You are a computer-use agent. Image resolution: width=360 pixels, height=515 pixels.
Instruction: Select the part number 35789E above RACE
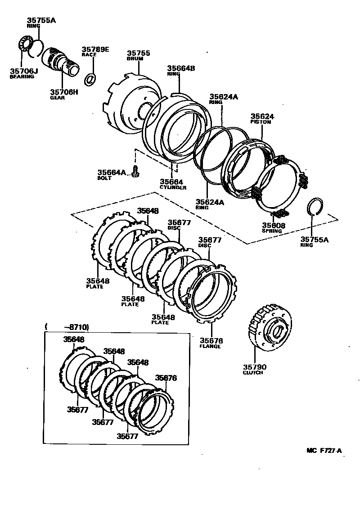tap(95, 49)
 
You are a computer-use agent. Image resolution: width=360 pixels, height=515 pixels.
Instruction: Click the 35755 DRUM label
tap(138, 53)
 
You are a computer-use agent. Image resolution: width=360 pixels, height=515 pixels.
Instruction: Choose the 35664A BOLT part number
tap(112, 172)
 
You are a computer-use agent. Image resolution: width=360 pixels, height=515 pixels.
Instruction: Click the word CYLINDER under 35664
tap(173, 187)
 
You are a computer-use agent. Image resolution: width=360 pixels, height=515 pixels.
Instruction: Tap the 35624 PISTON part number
tap(262, 116)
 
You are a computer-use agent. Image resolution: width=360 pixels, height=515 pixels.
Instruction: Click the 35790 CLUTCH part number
tap(255, 367)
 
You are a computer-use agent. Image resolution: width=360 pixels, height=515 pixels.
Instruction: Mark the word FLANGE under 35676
tap(210, 346)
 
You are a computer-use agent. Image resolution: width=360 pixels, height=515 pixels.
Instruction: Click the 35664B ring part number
tap(181, 68)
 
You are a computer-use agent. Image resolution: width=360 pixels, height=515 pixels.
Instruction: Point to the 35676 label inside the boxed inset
tap(166, 378)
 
